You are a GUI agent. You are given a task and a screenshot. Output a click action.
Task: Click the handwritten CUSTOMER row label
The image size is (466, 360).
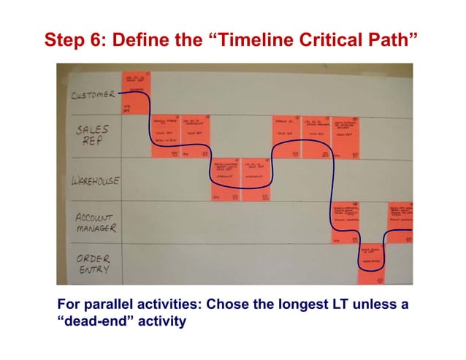pos(93,94)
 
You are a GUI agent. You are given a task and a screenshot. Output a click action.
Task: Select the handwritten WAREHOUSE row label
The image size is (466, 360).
pos(95,180)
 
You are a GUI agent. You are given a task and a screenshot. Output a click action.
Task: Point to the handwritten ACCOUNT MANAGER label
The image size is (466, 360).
pos(96,223)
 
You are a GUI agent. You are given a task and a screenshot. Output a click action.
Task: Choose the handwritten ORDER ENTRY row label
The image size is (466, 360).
pos(93,264)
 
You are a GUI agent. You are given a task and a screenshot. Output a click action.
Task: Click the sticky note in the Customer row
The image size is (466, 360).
pos(136,92)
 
